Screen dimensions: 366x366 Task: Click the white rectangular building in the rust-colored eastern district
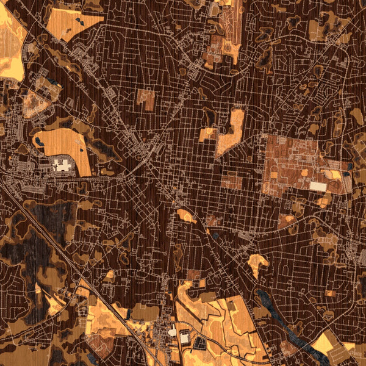coord(318,185)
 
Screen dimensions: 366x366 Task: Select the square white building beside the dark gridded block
coord(184,337)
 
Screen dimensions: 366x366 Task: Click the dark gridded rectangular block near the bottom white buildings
coord(199,343)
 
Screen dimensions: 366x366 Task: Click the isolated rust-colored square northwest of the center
coord(146,99)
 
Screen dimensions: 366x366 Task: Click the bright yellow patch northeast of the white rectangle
coord(335,174)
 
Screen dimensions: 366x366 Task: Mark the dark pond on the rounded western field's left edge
coord(39,142)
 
